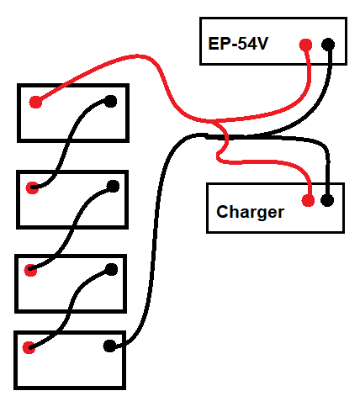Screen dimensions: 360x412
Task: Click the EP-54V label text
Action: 238,44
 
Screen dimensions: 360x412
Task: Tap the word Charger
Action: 250,212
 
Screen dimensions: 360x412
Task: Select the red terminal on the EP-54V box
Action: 305,45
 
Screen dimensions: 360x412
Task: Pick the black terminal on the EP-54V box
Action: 328,45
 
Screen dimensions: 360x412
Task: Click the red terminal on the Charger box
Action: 308,200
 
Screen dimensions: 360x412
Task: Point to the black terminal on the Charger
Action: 327,200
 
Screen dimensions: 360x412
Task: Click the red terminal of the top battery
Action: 35,102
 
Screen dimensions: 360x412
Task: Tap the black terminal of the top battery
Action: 110,101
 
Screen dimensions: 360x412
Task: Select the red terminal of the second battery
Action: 32,188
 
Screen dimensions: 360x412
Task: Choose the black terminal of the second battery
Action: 113,187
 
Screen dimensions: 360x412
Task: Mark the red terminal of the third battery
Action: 30,270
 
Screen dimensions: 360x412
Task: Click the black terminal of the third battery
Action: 112,269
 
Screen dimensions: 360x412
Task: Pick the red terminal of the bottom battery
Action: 29,347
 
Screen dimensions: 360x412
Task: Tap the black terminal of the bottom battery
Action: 109,346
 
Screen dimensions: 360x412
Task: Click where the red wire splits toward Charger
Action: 214,121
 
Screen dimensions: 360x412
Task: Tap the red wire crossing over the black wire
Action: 226,137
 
